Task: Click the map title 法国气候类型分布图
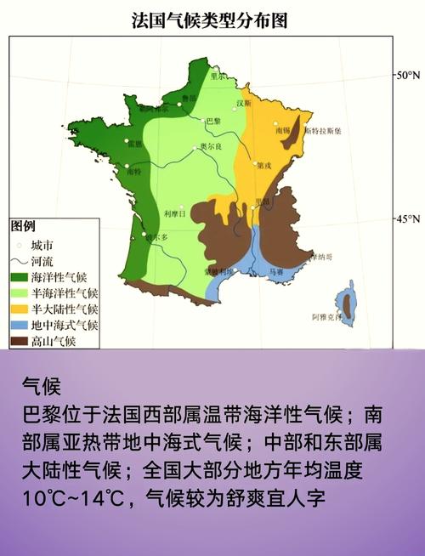point(210,20)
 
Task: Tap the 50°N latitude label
point(408,76)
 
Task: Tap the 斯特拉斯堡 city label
point(323,132)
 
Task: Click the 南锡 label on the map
point(282,130)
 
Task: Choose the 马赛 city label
point(276,271)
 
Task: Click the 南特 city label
point(133,172)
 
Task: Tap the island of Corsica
point(346,302)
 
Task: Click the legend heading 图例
point(23,227)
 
